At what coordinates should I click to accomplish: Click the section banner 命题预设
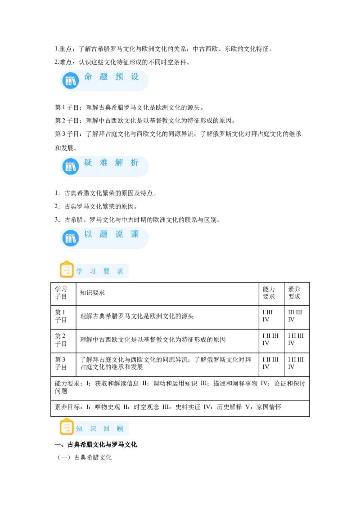click(104, 80)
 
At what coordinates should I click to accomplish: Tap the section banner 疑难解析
click(104, 166)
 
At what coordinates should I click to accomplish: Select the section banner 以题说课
click(104, 238)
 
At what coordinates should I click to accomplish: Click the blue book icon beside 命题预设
click(71, 81)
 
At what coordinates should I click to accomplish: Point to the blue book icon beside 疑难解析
click(71, 166)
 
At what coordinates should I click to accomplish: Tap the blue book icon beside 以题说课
click(71, 238)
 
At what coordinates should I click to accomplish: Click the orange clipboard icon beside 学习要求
click(67, 269)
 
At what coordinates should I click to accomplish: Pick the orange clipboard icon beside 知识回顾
click(67, 427)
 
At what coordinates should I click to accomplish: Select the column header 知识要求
click(93, 293)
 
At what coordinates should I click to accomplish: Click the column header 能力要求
click(269, 293)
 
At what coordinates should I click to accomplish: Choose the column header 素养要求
click(294, 293)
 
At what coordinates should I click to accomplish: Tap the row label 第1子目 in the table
click(61, 316)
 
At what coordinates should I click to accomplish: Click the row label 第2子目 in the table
click(61, 340)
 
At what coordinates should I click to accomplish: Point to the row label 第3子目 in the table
click(61, 364)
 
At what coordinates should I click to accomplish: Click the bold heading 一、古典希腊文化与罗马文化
click(95, 445)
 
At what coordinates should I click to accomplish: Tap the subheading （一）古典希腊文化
click(85, 457)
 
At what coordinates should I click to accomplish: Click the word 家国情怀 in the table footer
click(269, 407)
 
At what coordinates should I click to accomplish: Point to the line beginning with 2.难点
click(122, 62)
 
